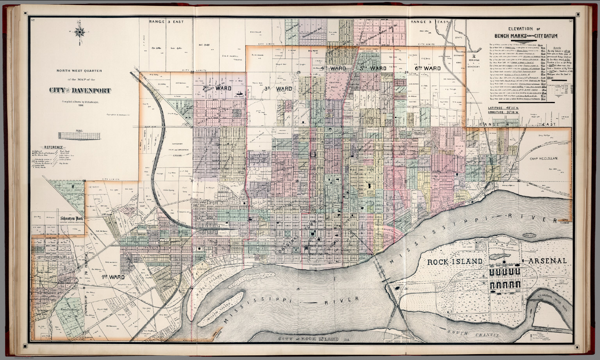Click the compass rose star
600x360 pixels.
coord(80,32)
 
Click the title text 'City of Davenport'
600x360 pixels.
coord(80,91)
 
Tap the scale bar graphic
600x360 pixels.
coord(79,135)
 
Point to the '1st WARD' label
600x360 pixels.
coord(113,277)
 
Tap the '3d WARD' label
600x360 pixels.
coord(278,89)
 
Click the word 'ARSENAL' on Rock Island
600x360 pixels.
coord(547,261)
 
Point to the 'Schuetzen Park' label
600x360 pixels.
coord(72,219)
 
